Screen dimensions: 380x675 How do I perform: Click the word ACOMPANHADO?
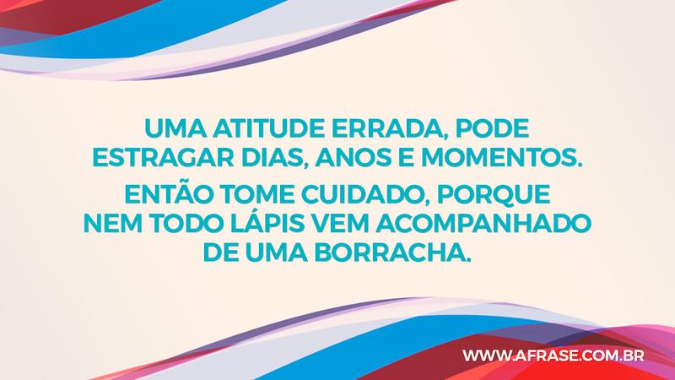click(x=480, y=225)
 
